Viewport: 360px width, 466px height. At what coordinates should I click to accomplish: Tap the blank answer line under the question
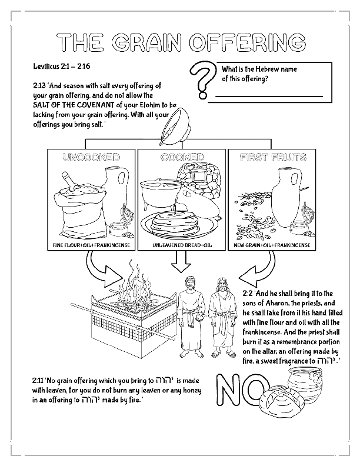click(268, 95)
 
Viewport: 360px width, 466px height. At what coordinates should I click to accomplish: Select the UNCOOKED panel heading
click(91, 158)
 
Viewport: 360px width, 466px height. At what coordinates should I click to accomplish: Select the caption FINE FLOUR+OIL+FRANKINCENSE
click(91, 244)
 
